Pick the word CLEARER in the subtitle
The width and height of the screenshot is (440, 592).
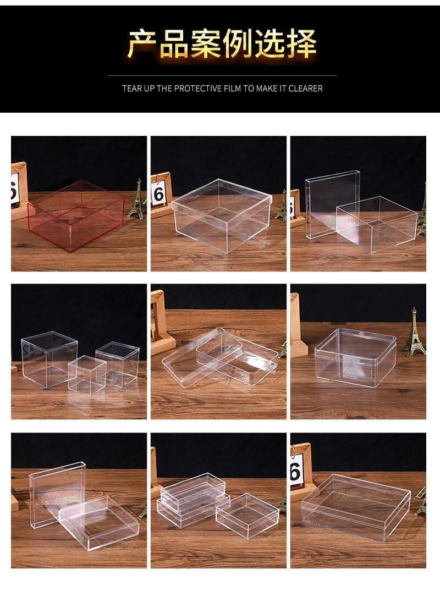pos(306,88)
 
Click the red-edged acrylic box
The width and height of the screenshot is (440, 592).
pos(76,215)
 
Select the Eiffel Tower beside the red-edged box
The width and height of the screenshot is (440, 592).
pos(136,200)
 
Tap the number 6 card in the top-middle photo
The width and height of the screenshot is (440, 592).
pos(159,194)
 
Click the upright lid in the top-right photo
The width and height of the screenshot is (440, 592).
pos(332,204)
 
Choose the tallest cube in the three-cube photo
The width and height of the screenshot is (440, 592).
pos(49,359)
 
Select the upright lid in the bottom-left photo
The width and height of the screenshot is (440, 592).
pos(57,494)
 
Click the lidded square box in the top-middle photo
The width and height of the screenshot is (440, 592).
pos(222,215)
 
